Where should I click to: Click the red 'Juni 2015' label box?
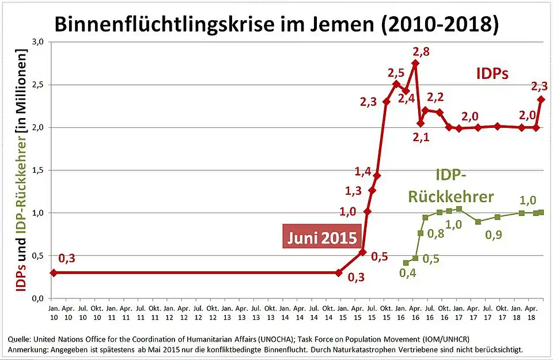(x=319, y=236)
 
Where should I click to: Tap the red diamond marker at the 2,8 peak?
(x=415, y=63)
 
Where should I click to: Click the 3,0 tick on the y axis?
(x=37, y=42)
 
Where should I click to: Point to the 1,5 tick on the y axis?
(x=37, y=170)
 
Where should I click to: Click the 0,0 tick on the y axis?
(x=37, y=298)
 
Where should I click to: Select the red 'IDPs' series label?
(x=492, y=74)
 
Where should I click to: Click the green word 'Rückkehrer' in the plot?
(x=451, y=196)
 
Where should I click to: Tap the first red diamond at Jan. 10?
(x=53, y=273)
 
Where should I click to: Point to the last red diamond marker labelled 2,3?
(x=541, y=99)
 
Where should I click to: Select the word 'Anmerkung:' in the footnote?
(x=29, y=350)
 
